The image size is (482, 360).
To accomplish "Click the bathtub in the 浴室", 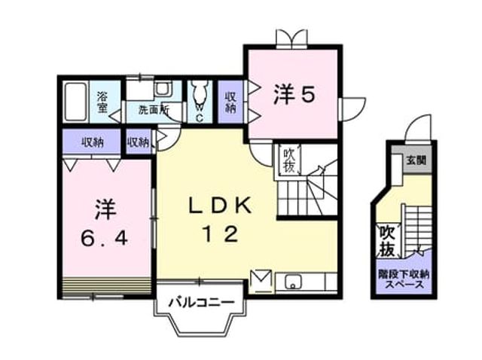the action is (75, 102).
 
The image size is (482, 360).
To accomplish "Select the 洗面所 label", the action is (154, 110).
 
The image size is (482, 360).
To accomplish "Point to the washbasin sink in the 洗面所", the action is (163, 89).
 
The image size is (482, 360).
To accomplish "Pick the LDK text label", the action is (220, 206).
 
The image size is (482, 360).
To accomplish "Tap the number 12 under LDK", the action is (221, 234).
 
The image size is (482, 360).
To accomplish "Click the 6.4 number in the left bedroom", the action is (104, 238).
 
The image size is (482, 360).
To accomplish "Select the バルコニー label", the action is (201, 303).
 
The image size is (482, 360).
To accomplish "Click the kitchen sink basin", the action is (293, 282).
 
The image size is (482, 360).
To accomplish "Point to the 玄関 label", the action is (416, 160).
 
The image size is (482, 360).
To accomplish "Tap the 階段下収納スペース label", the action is (404, 279).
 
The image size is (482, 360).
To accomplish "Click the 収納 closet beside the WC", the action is (231, 102).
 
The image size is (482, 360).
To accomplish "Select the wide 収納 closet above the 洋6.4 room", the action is (92, 142).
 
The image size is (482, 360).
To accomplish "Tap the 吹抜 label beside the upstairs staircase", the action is (289, 160).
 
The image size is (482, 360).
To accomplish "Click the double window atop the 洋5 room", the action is (291, 38).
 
